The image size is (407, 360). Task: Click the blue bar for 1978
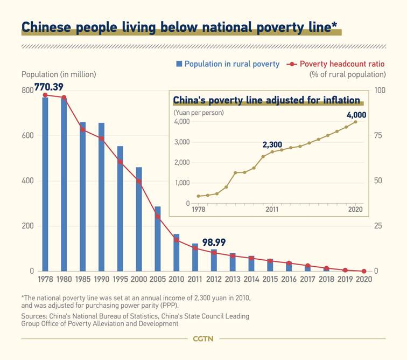(45, 183)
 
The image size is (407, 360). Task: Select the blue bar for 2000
(139, 219)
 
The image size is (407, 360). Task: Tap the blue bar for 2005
(158, 238)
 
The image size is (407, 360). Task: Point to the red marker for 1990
(101, 139)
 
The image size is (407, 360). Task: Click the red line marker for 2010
(177, 240)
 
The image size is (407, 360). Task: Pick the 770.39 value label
(49, 86)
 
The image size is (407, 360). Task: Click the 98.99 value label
(214, 243)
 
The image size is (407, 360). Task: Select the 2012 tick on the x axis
(214, 279)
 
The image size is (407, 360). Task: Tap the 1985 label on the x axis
(82, 279)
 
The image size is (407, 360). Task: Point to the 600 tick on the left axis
(27, 135)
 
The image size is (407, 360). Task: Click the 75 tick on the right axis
(379, 135)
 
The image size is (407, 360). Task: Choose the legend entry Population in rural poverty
(227, 64)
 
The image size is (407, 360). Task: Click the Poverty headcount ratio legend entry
(338, 64)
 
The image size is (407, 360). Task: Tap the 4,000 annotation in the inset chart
(356, 115)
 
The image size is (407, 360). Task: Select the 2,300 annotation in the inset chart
(272, 144)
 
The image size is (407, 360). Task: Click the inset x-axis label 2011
(272, 209)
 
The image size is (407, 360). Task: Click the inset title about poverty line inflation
(266, 100)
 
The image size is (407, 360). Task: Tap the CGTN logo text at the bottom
(203, 338)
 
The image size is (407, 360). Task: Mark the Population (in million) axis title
(59, 74)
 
